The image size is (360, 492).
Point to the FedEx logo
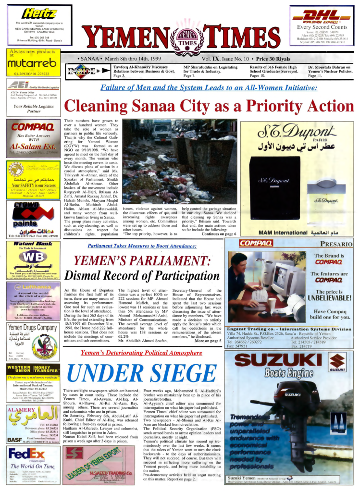(27, 455)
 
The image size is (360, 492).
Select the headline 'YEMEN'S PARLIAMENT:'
(147, 261)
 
